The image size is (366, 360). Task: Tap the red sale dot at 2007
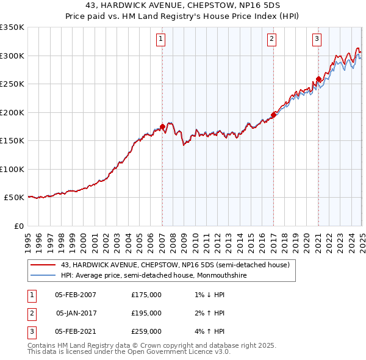pyautogui.click(x=162, y=127)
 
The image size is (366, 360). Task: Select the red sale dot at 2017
pyautogui.click(x=273, y=115)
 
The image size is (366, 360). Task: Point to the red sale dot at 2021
pyautogui.click(x=318, y=79)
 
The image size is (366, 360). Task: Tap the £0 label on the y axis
pyautogui.click(x=19, y=226)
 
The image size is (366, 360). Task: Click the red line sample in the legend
pyautogui.click(x=43, y=265)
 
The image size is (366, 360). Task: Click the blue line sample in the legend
pyautogui.click(x=43, y=275)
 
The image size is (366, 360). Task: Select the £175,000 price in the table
pyautogui.click(x=146, y=294)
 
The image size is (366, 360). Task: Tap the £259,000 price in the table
pyautogui.click(x=146, y=332)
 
